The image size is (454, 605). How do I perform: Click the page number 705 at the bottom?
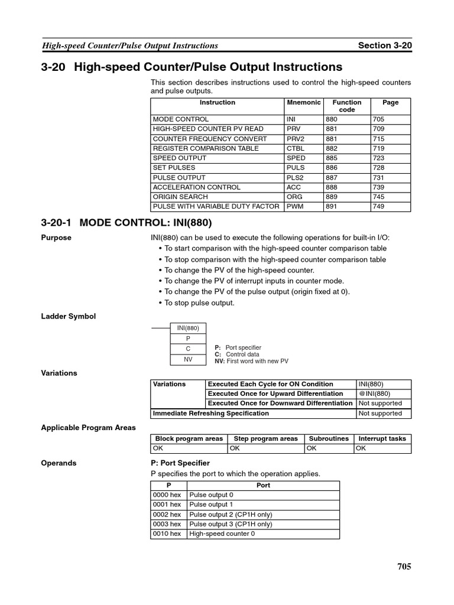tap(404, 567)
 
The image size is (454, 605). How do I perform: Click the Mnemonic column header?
tap(303, 103)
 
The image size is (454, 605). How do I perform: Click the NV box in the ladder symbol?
tap(188, 359)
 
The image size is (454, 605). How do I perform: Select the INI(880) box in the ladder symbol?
tap(188, 328)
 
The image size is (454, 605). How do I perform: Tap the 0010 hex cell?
tap(167, 534)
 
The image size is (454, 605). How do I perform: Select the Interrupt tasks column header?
tap(382, 438)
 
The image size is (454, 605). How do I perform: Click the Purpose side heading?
tap(56, 238)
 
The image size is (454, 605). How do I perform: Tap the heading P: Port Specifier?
tap(180, 463)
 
